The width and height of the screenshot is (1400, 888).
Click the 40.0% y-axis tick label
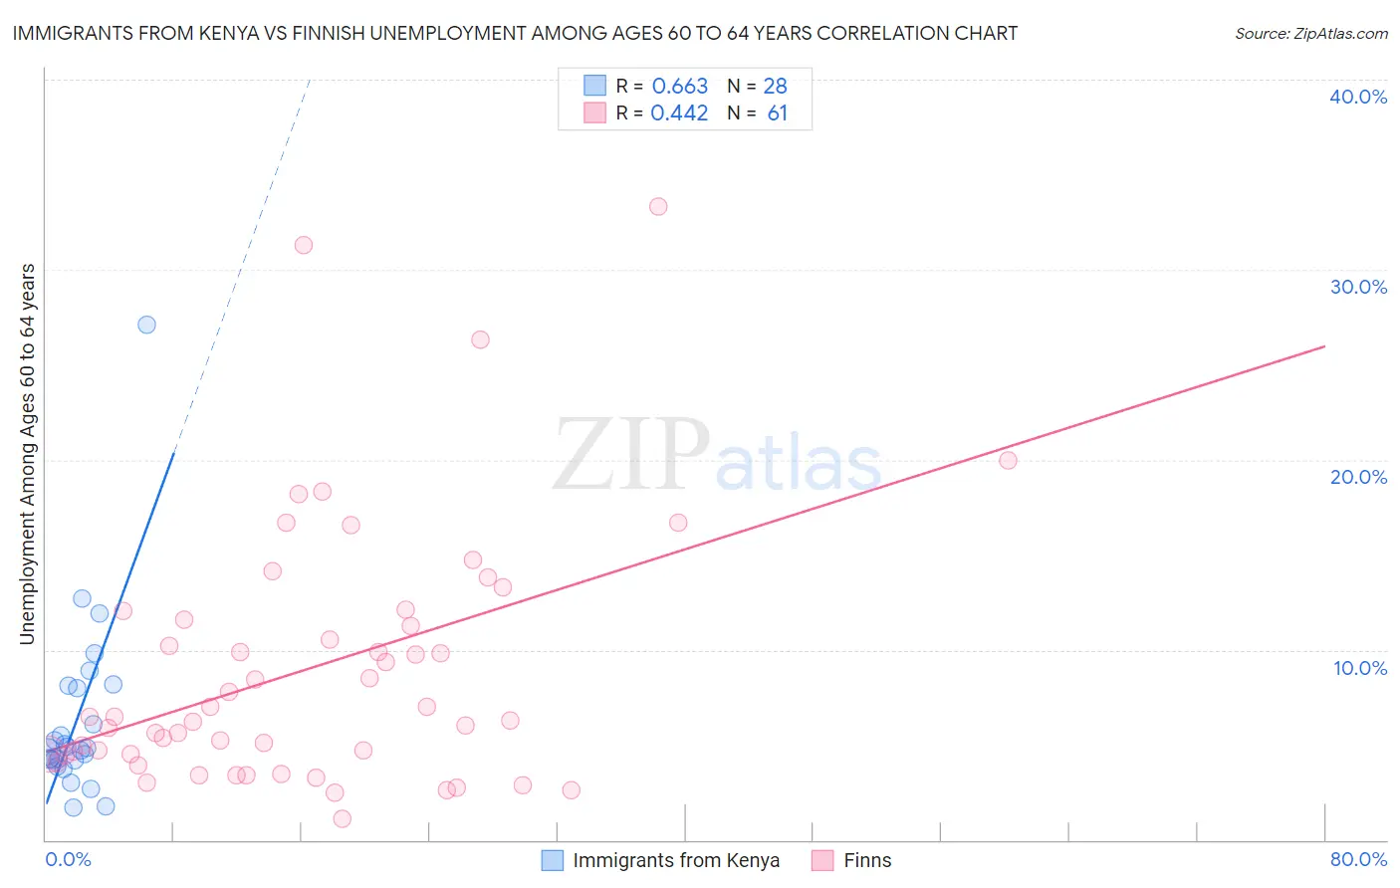click(x=1358, y=97)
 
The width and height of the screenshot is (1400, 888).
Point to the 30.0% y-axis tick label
click(x=1358, y=287)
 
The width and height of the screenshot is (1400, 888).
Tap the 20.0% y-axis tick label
click(x=1358, y=477)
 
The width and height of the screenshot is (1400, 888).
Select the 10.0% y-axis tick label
click(x=1360, y=668)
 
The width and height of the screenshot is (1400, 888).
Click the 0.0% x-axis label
click(x=68, y=859)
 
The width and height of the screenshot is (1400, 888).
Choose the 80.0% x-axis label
click(x=1358, y=859)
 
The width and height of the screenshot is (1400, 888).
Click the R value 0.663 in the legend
click(x=679, y=87)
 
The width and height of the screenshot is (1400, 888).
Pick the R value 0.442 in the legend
click(x=679, y=113)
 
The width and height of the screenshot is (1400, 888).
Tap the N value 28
click(x=775, y=87)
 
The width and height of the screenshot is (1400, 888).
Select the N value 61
click(x=777, y=113)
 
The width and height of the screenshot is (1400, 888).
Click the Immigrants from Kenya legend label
click(x=676, y=860)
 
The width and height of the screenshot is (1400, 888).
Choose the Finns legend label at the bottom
click(x=867, y=860)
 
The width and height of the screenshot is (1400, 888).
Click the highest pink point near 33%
click(x=658, y=207)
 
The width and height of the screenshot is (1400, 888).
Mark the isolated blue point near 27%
click(x=146, y=325)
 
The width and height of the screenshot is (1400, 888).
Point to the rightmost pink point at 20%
click(x=1008, y=460)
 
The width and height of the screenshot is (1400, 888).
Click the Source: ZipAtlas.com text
click(x=1310, y=34)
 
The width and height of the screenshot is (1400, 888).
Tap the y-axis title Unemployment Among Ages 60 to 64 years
click(x=28, y=454)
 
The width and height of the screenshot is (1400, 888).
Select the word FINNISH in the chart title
click(x=309, y=33)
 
